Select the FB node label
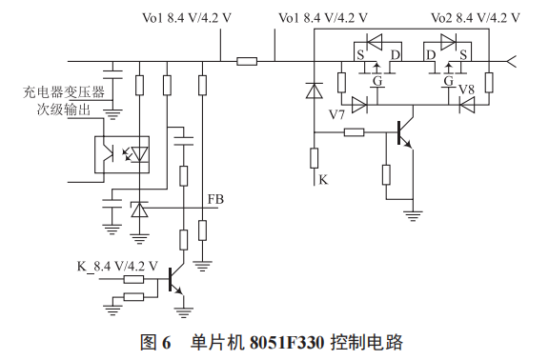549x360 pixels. (215, 200)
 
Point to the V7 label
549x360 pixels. (336, 113)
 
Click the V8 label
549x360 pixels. (466, 90)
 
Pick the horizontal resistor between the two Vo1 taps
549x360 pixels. (247, 62)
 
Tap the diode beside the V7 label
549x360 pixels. (359, 105)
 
